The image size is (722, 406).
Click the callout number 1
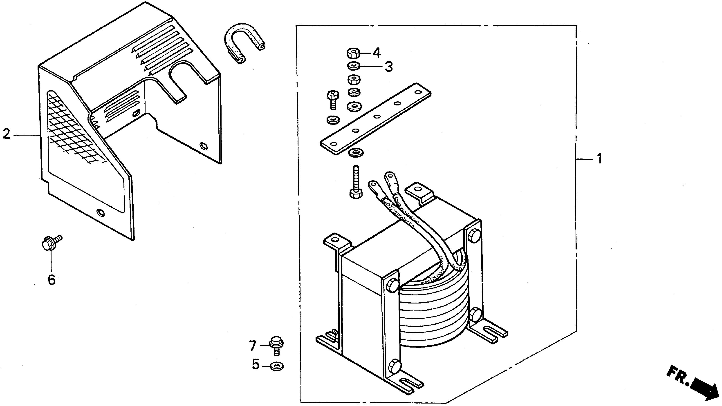(599, 159)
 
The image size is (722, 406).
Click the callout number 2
(6, 134)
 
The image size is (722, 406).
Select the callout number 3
(388, 67)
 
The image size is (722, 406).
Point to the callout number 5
(255, 365)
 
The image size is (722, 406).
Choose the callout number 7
(253, 346)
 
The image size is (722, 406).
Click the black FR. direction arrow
(704, 389)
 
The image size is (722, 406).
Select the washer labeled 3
(354, 66)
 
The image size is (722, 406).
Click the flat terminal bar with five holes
(376, 118)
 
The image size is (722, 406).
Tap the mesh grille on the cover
(73, 129)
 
